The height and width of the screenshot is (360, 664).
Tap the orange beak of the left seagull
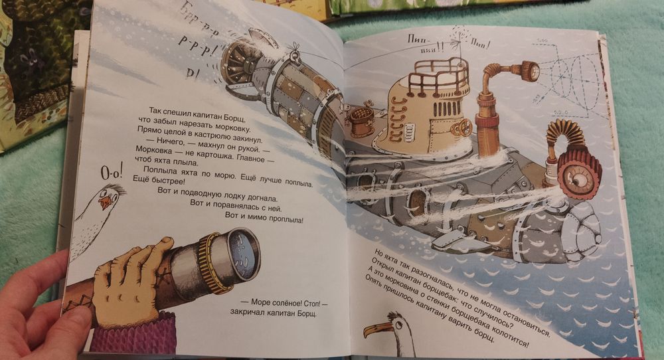(x=106, y=203)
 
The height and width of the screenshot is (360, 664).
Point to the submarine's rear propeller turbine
(x=238, y=64)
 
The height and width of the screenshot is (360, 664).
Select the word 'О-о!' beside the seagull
(x=112, y=172)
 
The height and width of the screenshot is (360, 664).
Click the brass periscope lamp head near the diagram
(x=529, y=70)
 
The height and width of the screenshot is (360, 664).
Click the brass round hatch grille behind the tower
(x=361, y=116)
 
